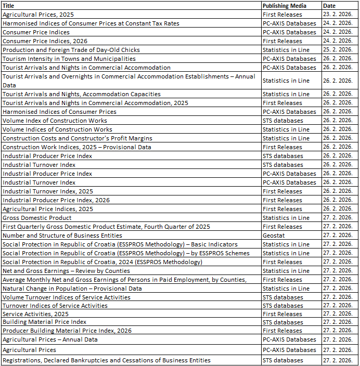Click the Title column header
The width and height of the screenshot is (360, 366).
click(x=9, y=6)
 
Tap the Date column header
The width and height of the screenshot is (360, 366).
click(x=330, y=6)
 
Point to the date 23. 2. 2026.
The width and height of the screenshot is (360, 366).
click(x=338, y=15)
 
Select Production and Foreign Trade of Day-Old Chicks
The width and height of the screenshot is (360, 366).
click(x=71, y=50)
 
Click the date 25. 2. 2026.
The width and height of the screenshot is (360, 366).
click(x=338, y=50)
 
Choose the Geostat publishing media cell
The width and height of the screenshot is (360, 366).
click(x=273, y=236)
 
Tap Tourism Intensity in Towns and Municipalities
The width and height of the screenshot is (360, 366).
click(x=69, y=59)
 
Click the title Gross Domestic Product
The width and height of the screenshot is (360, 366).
click(x=37, y=218)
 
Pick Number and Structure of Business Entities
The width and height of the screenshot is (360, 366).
click(x=62, y=236)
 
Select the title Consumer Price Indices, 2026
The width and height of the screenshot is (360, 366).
click(x=45, y=41)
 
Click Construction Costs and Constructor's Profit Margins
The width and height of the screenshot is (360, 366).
click(x=78, y=138)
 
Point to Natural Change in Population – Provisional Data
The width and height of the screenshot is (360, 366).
click(x=72, y=289)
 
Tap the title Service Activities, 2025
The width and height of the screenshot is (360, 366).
click(x=35, y=314)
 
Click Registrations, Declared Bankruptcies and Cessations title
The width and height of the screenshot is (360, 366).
click(x=107, y=360)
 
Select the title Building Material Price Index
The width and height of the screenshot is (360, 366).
click(x=45, y=322)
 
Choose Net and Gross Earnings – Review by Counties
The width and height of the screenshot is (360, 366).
click(x=66, y=271)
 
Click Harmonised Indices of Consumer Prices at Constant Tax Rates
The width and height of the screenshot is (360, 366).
click(x=91, y=23)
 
